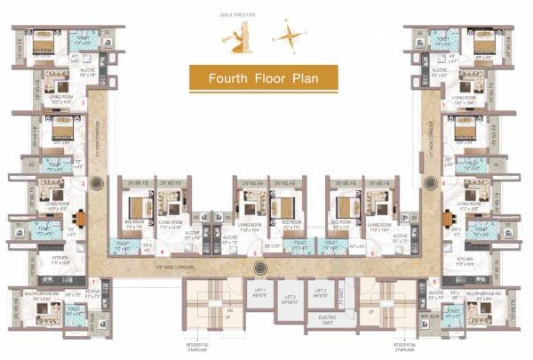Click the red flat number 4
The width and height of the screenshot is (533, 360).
pos(162,252)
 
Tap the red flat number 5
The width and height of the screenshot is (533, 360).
pos(255,253)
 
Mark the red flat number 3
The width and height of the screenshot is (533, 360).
pos(83,103)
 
